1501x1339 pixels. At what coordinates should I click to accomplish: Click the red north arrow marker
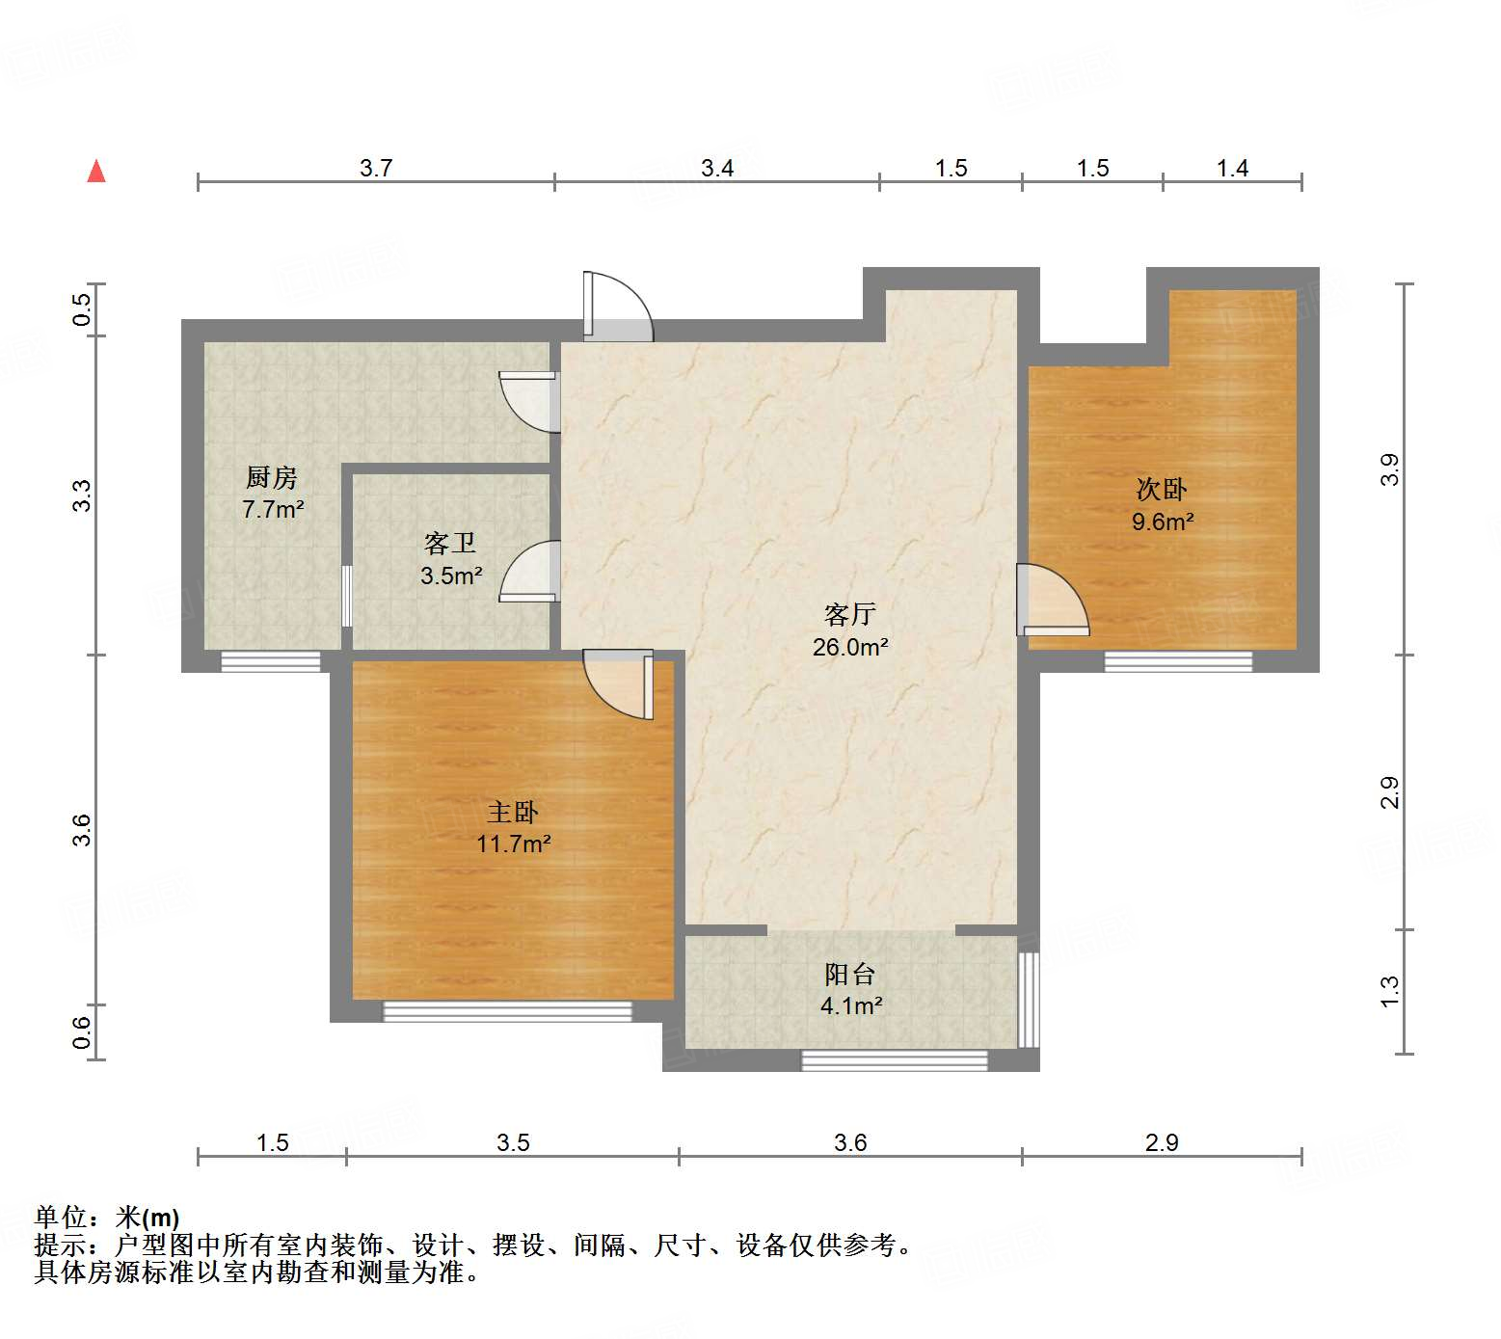click(x=96, y=172)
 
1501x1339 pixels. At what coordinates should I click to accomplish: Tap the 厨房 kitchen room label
click(x=271, y=477)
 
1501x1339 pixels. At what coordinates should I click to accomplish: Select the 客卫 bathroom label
click(x=450, y=544)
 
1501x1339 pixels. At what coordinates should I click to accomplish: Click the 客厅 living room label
click(x=849, y=614)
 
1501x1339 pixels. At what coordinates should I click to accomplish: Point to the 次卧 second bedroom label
click(x=1162, y=490)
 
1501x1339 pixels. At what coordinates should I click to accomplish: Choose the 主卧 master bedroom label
click(x=513, y=812)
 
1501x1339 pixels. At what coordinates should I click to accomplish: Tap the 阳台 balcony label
click(x=849, y=974)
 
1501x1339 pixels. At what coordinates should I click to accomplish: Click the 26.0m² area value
click(x=849, y=647)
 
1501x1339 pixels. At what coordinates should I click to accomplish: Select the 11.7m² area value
click(x=513, y=844)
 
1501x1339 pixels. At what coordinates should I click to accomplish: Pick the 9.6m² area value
click(x=1162, y=522)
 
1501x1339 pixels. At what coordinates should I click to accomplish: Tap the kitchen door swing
click(x=528, y=401)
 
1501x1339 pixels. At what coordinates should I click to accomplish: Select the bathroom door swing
click(x=530, y=572)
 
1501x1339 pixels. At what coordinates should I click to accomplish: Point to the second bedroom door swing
click(x=1052, y=600)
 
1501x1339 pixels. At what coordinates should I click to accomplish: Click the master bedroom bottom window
click(x=507, y=1011)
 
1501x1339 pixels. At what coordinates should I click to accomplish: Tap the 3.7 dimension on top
click(x=376, y=168)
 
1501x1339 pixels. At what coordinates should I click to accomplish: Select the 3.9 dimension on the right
click(x=1389, y=469)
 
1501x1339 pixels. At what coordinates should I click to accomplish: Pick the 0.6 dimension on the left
click(x=83, y=1032)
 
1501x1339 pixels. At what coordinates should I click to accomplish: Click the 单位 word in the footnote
click(x=61, y=1218)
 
